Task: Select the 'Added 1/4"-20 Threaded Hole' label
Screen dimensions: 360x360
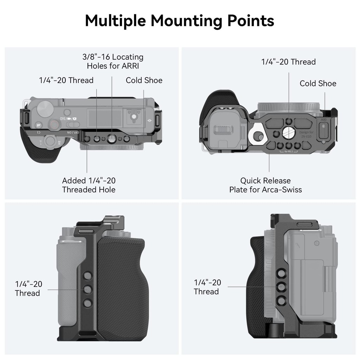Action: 89,185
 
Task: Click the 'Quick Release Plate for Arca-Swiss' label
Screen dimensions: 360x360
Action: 265,185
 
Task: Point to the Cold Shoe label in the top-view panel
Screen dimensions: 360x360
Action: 144,80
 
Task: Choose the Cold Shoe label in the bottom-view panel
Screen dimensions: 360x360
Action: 318,83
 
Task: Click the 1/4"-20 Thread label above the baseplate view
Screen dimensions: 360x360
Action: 288,62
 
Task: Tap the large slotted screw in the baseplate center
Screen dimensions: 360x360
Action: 289,132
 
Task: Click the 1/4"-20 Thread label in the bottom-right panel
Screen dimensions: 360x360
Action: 207,287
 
